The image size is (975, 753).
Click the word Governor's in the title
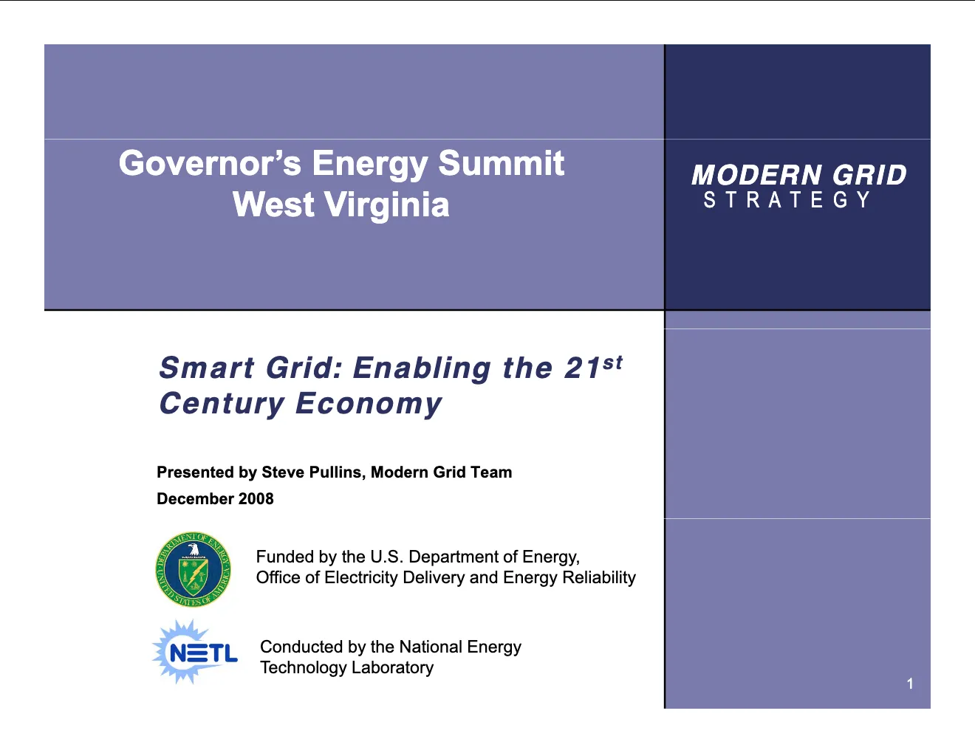coord(210,163)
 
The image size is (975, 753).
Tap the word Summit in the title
coord(502,163)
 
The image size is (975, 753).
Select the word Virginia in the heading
coord(387,205)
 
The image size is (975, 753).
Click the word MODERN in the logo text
coord(756,174)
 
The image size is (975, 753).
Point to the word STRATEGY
coord(787,199)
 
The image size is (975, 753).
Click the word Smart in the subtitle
coord(207,368)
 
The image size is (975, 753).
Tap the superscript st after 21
coord(612,362)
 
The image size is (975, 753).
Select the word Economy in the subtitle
coord(369,404)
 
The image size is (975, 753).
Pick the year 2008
coord(256,499)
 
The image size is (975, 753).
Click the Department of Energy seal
coord(193,570)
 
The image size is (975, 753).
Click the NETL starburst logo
coord(195,652)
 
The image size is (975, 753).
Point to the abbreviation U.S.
coord(387,557)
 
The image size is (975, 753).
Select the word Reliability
coord(599,577)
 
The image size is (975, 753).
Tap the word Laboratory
coord(393,668)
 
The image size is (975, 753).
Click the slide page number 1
coord(910,684)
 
